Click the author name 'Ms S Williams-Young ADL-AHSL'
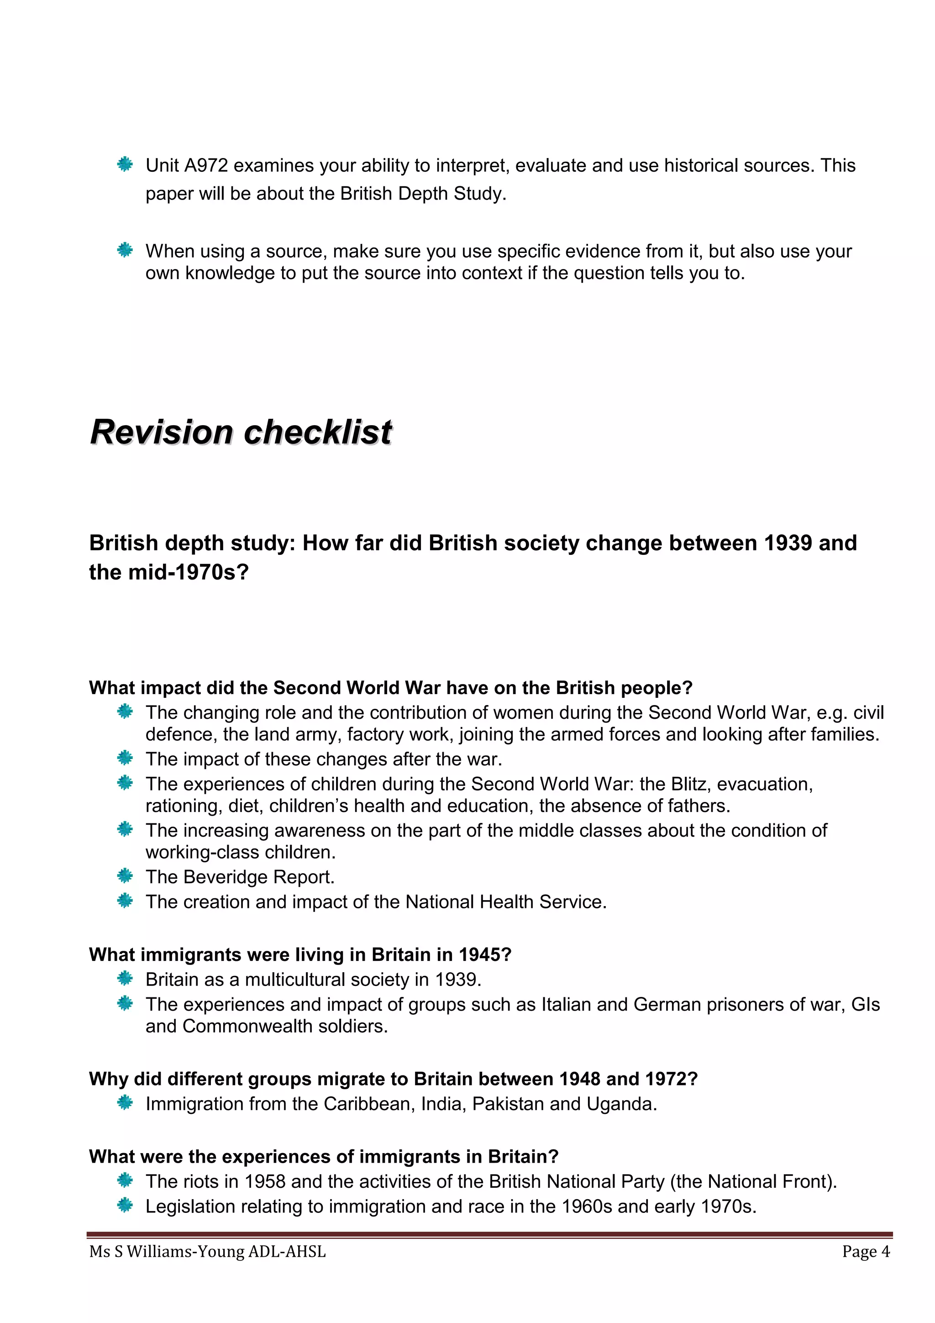(x=207, y=1252)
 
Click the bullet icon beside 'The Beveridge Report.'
(x=125, y=876)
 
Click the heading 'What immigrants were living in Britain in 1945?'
(x=300, y=955)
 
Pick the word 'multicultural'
(x=295, y=980)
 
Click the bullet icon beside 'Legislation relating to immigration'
(x=125, y=1206)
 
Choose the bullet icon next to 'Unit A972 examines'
(x=125, y=165)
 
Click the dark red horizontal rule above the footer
(x=490, y=1235)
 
